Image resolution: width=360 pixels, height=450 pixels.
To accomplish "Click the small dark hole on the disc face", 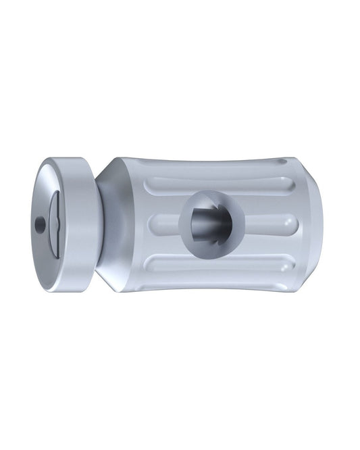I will pos(41,223).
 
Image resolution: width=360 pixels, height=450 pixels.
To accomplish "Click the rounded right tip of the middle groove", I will pos(290,223).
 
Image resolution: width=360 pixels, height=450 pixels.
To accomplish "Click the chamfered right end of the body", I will pos(315,223).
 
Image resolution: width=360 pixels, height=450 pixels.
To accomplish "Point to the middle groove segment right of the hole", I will pos(263,223).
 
